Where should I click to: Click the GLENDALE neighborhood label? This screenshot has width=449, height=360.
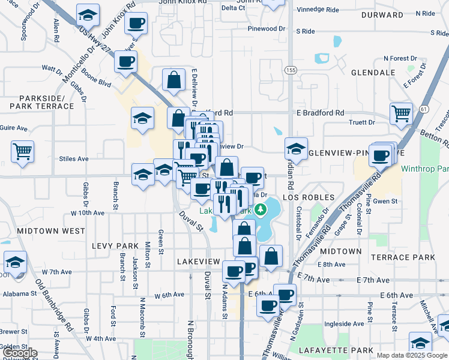pyautogui.click(x=373, y=73)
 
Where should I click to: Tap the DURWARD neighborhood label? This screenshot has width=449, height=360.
pyautogui.click(x=382, y=14)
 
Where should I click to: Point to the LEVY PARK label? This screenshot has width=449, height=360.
pyautogui.click(x=115, y=246)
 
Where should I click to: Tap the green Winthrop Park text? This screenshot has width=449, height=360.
pyautogui.click(x=425, y=169)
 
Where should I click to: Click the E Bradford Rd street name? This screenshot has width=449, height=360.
pyautogui.click(x=320, y=113)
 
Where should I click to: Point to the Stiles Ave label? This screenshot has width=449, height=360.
pyautogui.click(x=74, y=159)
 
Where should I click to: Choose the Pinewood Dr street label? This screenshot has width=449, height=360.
pyautogui.click(x=266, y=29)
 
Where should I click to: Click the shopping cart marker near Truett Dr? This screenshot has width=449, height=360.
pyautogui.click(x=401, y=113)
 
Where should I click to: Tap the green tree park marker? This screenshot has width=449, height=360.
pyautogui.click(x=261, y=209)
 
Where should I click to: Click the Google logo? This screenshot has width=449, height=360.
pyautogui.click(x=19, y=353)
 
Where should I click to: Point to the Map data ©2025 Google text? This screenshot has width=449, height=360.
pyautogui.click(x=411, y=355)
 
